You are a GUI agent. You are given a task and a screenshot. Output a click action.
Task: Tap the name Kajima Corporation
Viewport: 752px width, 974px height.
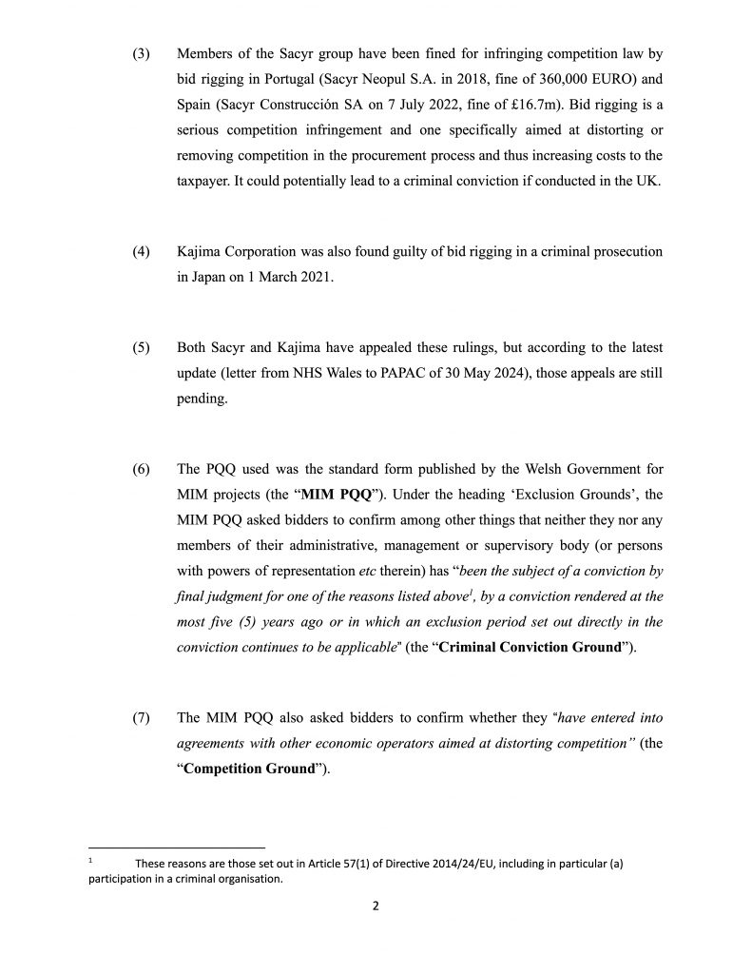click(x=239, y=251)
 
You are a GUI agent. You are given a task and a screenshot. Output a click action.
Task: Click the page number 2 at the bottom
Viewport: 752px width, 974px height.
click(x=376, y=906)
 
